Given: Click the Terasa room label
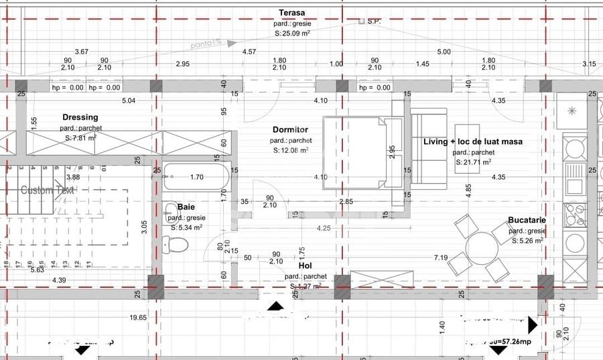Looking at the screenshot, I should click(x=291, y=13).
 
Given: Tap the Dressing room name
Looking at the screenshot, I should click(x=80, y=117).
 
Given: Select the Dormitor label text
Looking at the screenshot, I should click(x=290, y=129).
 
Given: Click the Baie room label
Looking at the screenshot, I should click(x=186, y=208).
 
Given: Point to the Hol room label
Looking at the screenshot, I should click(x=305, y=266).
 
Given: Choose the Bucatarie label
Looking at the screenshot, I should click(x=527, y=220).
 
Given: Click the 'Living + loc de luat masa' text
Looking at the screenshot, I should click(x=473, y=141).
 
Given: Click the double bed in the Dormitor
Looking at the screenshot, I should click(x=355, y=153).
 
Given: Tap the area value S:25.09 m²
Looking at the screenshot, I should click(x=291, y=33).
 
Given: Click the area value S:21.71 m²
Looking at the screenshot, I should click(x=473, y=162).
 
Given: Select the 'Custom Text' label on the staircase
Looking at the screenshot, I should click(x=48, y=190).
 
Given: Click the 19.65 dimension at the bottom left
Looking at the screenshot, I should click(x=138, y=317).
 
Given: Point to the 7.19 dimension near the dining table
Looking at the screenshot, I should click(x=440, y=257).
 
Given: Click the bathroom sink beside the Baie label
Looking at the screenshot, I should click(x=168, y=213).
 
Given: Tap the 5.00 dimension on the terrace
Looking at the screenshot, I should click(x=444, y=52).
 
